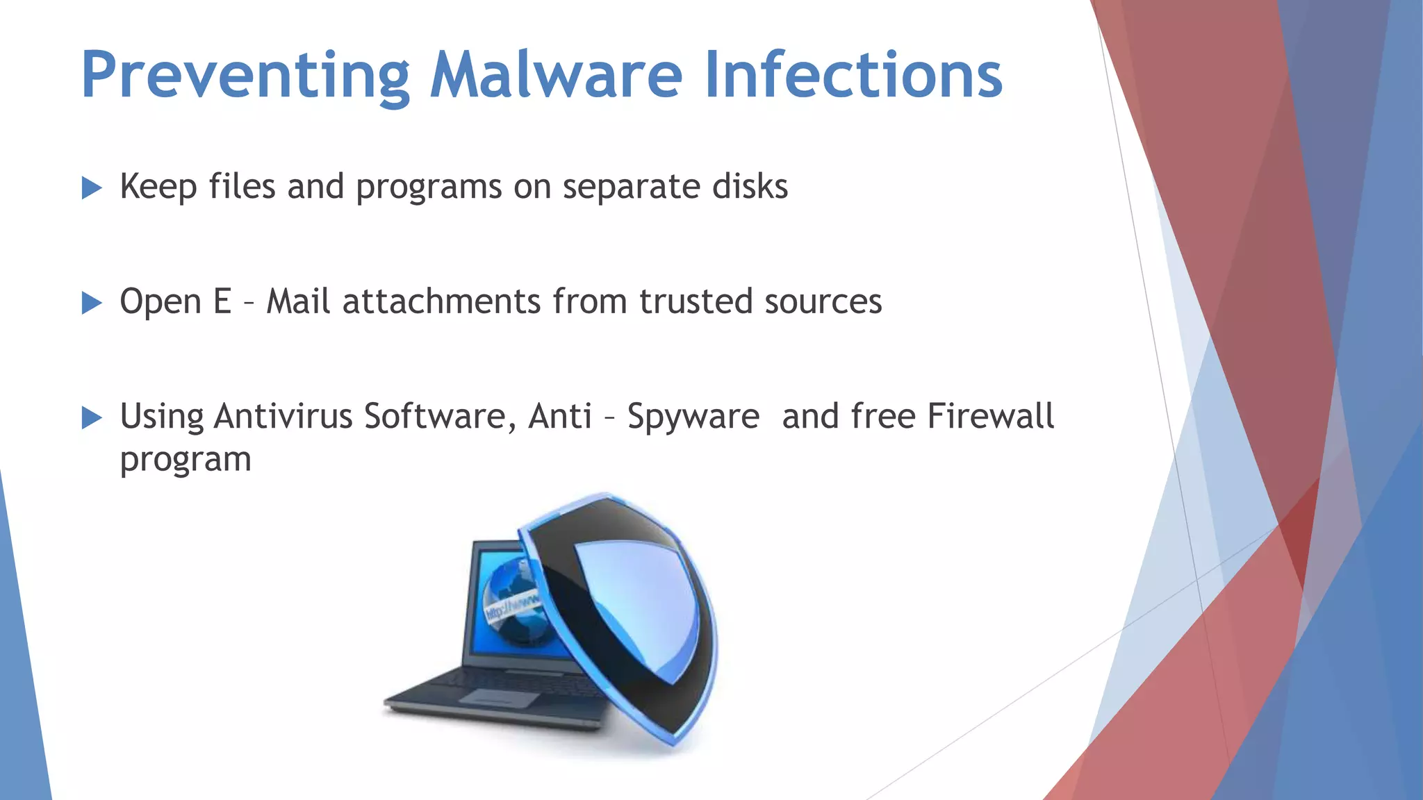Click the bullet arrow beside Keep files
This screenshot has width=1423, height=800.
point(92,187)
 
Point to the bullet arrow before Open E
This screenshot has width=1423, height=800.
point(92,303)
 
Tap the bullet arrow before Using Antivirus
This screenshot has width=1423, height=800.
point(92,418)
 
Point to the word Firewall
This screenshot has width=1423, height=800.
point(991,417)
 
